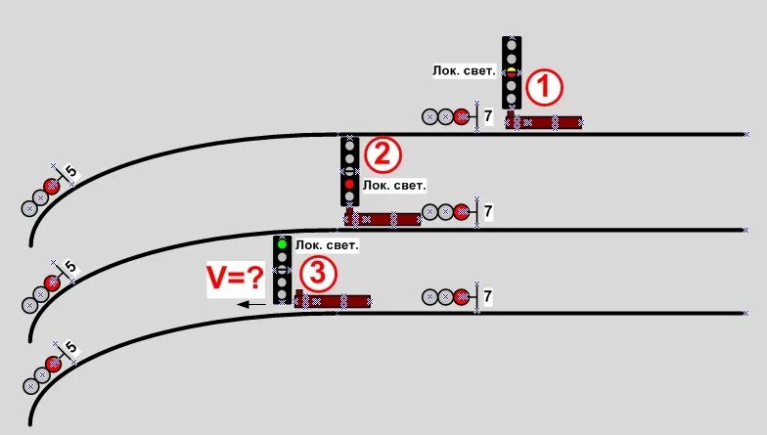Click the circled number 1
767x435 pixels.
pos(544,89)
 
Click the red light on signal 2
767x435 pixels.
pos(350,184)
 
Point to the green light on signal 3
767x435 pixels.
pos(282,243)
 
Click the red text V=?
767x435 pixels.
pos(235,280)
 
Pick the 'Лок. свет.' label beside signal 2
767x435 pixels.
pos(394,184)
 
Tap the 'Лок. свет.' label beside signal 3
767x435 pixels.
pos(327,245)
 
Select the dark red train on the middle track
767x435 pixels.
pos(383,218)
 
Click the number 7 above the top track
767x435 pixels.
pos(488,116)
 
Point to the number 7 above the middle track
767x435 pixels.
pos(488,211)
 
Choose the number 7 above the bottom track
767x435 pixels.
pos(488,295)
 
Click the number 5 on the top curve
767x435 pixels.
pos(71,173)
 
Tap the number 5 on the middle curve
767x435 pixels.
pos(70,266)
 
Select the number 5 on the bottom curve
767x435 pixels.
pos(70,348)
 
